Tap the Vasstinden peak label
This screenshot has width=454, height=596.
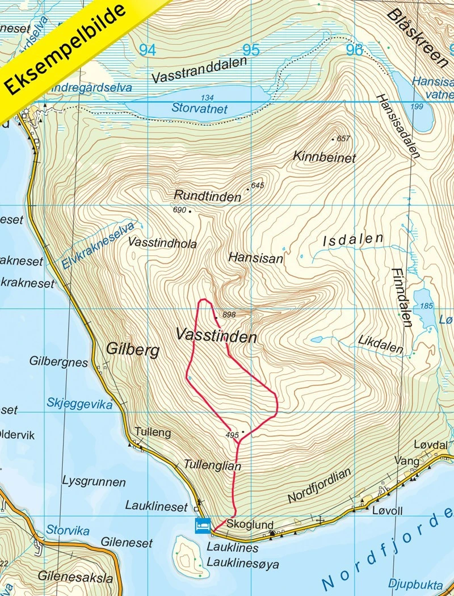(x=216, y=336)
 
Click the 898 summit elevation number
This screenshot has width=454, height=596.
(x=229, y=314)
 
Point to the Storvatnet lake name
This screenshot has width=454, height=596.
(x=200, y=108)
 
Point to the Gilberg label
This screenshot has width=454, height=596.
(x=132, y=350)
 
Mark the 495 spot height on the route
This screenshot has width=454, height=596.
(x=232, y=435)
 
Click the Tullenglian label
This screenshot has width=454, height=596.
(x=213, y=465)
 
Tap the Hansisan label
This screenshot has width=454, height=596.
(x=255, y=258)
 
